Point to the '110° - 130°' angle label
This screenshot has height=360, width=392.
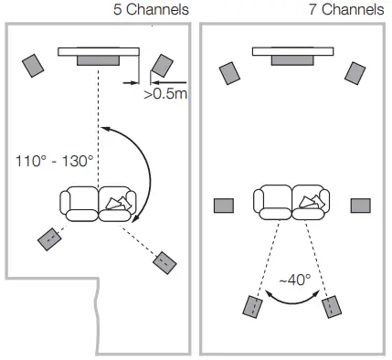55,161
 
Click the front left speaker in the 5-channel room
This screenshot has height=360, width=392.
34,65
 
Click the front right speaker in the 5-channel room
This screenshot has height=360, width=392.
162,64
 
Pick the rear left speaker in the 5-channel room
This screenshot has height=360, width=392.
49,238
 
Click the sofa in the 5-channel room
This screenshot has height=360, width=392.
97,203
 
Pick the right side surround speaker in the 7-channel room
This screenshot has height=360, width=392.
360,205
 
